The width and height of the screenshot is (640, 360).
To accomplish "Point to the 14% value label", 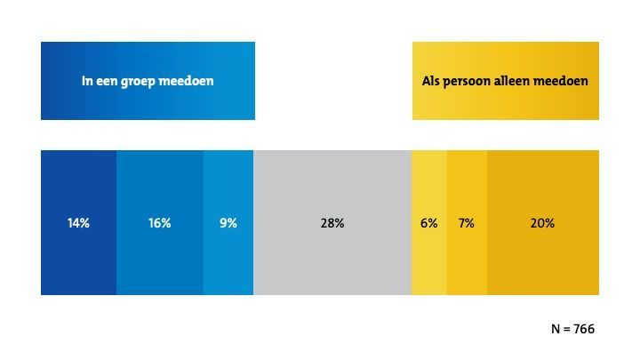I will [x=78, y=223].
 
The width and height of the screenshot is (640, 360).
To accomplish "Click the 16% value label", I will [x=160, y=223].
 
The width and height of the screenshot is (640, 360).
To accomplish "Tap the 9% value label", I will [x=228, y=223].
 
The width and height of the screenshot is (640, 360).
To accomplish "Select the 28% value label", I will [x=332, y=223].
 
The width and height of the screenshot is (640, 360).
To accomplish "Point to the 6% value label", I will [x=429, y=223].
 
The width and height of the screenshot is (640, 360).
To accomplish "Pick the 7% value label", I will [x=467, y=223].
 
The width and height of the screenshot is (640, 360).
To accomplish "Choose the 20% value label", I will [x=542, y=223].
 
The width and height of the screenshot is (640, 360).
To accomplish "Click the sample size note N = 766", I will [x=572, y=329].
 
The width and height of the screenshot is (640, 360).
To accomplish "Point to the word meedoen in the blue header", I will [x=189, y=82].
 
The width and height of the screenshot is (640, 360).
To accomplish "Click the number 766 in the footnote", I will [x=584, y=329].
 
